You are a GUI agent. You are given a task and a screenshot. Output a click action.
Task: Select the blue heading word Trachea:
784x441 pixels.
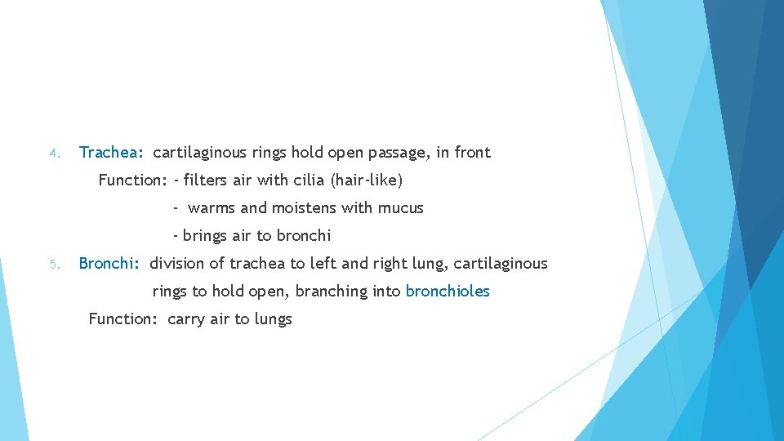click(x=111, y=153)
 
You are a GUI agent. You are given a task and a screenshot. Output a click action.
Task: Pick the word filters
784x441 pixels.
click(x=206, y=180)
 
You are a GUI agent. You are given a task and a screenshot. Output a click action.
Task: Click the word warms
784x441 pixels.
click(x=211, y=208)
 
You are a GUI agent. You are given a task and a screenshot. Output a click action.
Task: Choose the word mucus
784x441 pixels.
click(x=400, y=208)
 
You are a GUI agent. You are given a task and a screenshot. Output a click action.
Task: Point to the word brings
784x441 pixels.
click(x=205, y=237)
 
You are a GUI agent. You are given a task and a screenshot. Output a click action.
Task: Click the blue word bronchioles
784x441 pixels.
click(x=448, y=292)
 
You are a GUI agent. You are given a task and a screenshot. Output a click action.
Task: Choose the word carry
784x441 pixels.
click(x=186, y=319)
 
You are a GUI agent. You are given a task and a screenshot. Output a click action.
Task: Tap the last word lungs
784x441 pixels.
click(x=273, y=319)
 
